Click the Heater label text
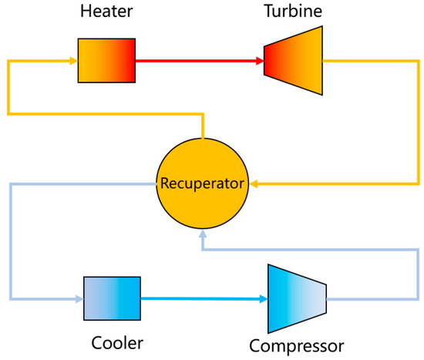pyautogui.click(x=106, y=13)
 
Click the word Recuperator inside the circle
pyautogui.click(x=202, y=184)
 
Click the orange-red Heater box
pyautogui.click(x=106, y=59)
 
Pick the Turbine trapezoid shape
pyautogui.click(x=292, y=59)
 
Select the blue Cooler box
pyautogui.click(x=112, y=298)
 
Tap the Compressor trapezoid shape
pyautogui.click(x=296, y=298)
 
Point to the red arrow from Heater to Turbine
pyautogui.click(x=193, y=59)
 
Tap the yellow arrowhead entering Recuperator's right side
pyautogui.click(x=252, y=184)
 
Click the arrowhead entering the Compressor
pyautogui.click(x=263, y=298)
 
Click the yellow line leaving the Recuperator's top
pyautogui.click(x=202, y=128)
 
